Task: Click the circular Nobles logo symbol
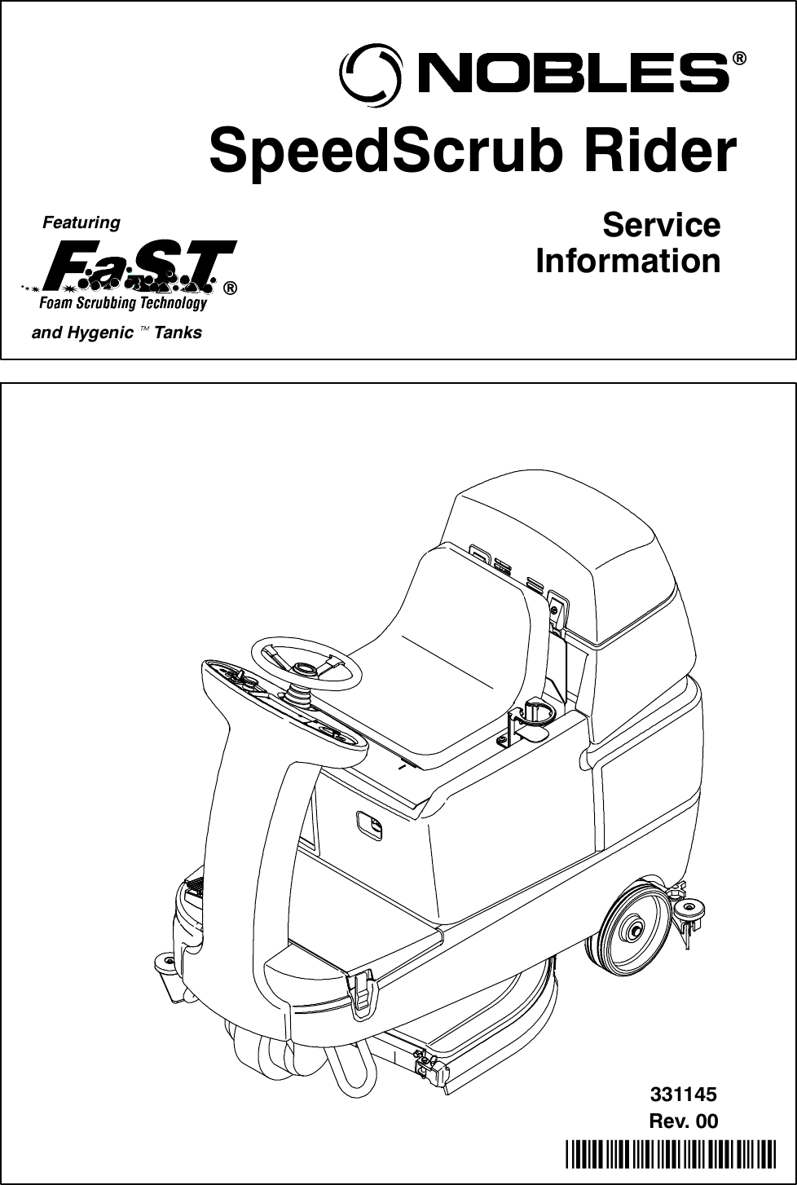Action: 370,74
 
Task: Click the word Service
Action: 661,225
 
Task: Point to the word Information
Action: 627,262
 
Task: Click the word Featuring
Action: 81,222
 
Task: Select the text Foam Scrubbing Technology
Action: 123,303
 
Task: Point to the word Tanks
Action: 178,333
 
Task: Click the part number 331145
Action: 683,1094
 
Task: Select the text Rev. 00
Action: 683,1121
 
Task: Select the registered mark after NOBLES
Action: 738,59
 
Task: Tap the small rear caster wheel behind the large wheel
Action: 691,910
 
